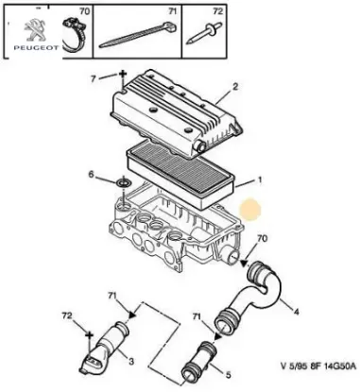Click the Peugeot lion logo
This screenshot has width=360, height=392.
tap(35, 29)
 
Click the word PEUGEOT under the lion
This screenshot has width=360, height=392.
tap(36, 48)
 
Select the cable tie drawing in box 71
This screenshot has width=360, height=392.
tap(138, 34)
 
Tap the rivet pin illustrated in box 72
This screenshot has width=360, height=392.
tap(204, 33)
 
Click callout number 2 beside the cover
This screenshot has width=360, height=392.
tap(235, 86)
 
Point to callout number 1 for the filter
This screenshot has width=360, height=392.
tap(260, 180)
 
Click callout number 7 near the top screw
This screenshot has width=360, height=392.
tap(94, 78)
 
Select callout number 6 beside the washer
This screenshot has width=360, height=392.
tap(91, 174)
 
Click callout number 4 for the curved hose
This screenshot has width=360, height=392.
tap(296, 312)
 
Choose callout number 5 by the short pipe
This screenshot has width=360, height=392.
tap(228, 375)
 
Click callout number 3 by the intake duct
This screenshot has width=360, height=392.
tap(130, 362)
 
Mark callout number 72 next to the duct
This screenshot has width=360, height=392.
tap(67, 315)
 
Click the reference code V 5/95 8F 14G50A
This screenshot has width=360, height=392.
tap(318, 366)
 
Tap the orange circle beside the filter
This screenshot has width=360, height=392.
tap(250, 210)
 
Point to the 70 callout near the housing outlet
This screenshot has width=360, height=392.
tap(262, 238)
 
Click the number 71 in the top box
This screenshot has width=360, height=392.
tap(172, 11)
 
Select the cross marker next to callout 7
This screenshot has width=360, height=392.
tap(123, 75)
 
